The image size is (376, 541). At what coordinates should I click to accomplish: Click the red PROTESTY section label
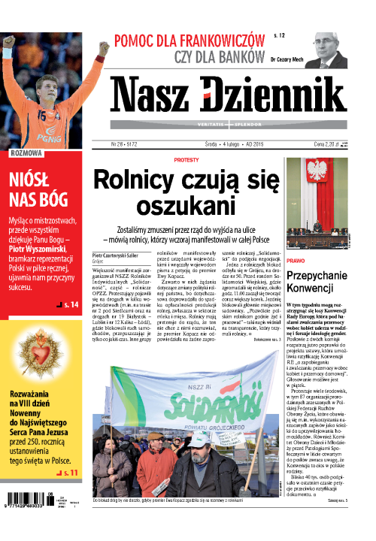click(x=186, y=160)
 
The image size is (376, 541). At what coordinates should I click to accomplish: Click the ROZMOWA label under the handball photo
click(x=27, y=153)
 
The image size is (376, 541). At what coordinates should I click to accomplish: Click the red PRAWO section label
click(x=296, y=260)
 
